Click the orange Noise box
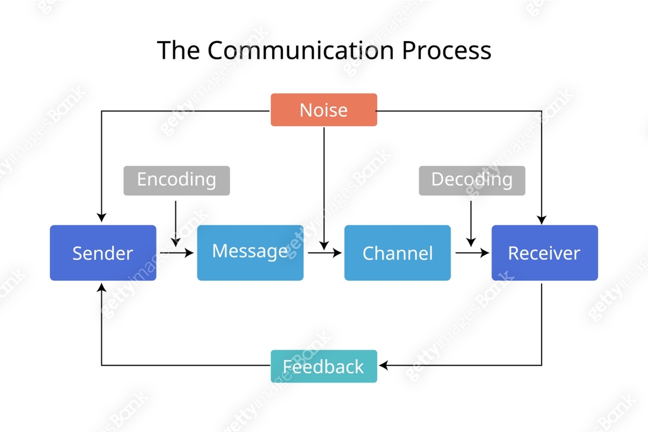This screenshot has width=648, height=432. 323,110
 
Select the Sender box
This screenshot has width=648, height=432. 103,253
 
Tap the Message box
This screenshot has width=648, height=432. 250,252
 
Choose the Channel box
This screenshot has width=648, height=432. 397,253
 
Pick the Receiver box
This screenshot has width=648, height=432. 544,253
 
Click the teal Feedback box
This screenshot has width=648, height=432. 323,366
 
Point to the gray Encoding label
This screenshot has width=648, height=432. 177,180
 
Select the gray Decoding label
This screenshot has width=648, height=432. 471,180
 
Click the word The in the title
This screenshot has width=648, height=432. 178,50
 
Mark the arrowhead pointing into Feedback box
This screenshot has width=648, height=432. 383,366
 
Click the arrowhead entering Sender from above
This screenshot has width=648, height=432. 102,218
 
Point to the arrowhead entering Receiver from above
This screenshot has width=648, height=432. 542,219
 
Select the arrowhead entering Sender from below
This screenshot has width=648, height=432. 102,288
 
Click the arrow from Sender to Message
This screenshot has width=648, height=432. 177,253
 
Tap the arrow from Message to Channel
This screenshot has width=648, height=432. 325,253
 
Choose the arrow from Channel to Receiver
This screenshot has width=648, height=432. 472,253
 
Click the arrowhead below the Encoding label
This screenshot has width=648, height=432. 176,241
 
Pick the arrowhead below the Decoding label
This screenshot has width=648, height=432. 471,241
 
